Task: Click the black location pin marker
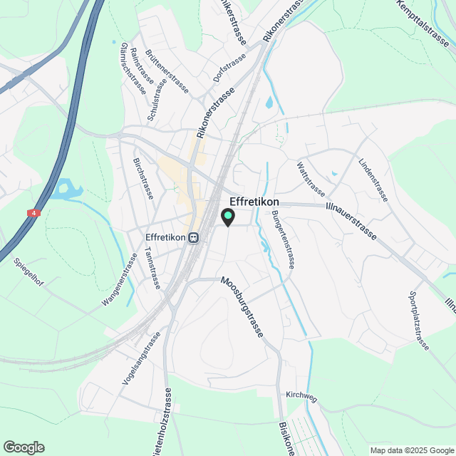point(228,217)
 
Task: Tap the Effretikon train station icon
point(194,238)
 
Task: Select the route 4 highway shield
point(33,213)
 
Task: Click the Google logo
point(24,447)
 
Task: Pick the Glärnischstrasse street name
point(133,68)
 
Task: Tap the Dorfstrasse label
point(229,67)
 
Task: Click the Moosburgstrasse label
point(243,307)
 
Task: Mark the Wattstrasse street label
point(311,180)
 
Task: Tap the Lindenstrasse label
point(373,180)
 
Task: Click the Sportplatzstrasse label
point(419,321)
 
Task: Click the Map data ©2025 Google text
point(411,450)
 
